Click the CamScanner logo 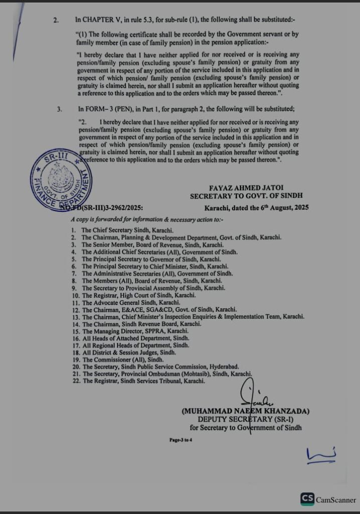click(328, 499)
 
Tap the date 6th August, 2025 click(283, 207)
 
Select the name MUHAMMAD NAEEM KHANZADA click(246, 411)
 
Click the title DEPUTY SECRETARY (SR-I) click(246, 419)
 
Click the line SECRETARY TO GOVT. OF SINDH click(246, 196)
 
